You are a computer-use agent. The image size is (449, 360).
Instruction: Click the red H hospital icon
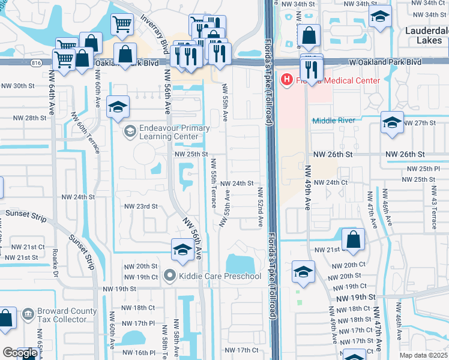click(x=287, y=80)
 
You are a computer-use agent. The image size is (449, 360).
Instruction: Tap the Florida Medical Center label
click(x=337, y=80)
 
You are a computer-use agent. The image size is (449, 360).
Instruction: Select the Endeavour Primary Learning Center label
click(x=174, y=132)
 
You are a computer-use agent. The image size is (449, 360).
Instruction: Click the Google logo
click(x=19, y=353)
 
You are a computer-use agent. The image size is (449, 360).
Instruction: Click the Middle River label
click(x=333, y=121)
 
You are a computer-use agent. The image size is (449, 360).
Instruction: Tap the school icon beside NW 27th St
click(x=392, y=124)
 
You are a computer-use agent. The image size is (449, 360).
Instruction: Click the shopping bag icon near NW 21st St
click(x=354, y=239)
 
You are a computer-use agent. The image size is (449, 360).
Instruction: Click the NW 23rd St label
click(x=140, y=206)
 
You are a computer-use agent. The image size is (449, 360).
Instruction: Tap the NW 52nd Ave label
click(x=261, y=207)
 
